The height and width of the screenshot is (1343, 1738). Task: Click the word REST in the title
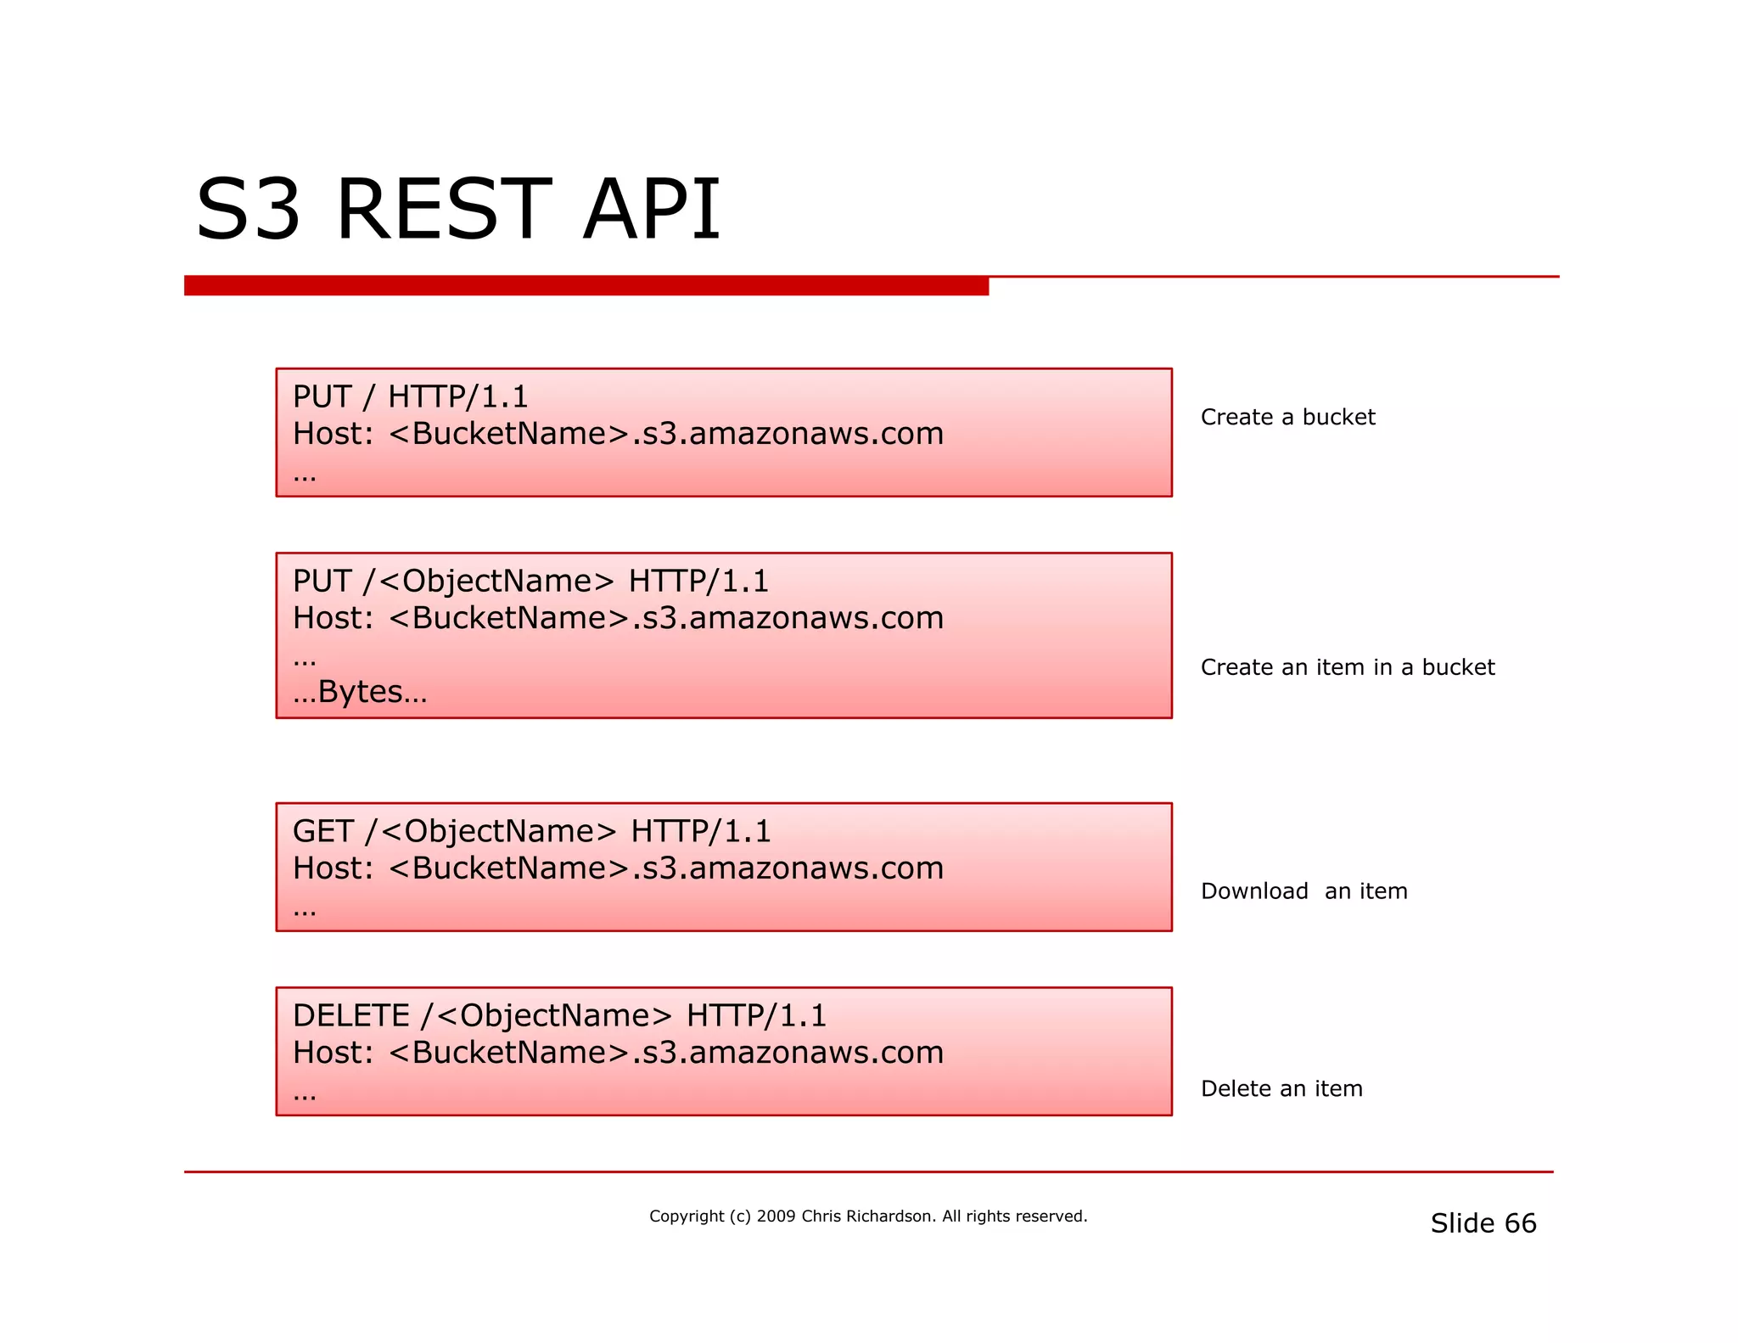coord(443,210)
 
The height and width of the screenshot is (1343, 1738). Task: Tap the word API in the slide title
coord(651,210)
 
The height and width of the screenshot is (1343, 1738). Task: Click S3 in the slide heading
coord(248,210)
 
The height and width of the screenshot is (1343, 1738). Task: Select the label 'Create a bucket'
coord(1287,417)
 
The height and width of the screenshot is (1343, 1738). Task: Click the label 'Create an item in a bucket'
coord(1347,667)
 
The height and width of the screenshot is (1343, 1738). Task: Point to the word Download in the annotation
coord(1254,891)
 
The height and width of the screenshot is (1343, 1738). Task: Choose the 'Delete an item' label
coord(1281,1088)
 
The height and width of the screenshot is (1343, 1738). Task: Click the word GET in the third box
coord(322,831)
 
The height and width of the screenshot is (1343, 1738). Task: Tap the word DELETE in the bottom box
coord(350,1015)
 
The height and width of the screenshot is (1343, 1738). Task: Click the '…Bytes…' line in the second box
coord(360,693)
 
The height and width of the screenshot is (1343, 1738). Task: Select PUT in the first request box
coord(322,396)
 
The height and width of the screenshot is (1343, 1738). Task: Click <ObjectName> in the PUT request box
coord(496,582)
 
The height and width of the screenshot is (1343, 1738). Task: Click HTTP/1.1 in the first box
coord(457,396)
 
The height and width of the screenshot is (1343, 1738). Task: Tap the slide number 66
coord(1520,1223)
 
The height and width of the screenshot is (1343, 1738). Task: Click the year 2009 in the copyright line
coord(776,1217)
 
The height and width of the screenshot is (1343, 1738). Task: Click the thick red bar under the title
coord(586,285)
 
